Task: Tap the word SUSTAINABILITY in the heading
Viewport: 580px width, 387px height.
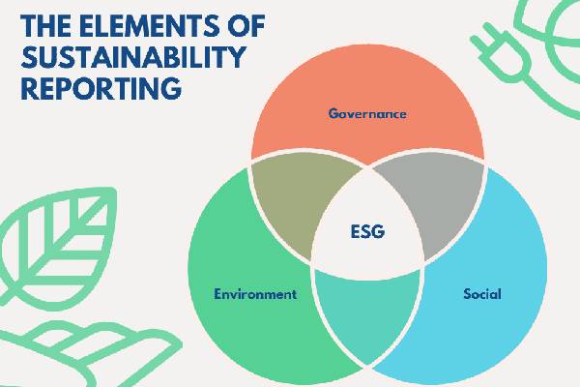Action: (x=133, y=57)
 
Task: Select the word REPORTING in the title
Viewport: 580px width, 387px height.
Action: (x=101, y=88)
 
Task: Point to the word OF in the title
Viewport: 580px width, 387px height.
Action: (x=245, y=25)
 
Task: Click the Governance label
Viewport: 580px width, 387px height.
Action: (x=367, y=113)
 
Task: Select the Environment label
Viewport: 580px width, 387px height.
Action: (x=255, y=294)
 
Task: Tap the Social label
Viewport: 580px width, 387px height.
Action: (x=482, y=294)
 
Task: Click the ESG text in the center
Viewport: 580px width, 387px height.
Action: (x=367, y=231)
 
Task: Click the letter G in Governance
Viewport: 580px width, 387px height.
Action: (x=334, y=113)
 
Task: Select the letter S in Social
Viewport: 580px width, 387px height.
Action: (x=468, y=294)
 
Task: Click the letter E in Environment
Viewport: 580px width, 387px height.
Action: (x=218, y=294)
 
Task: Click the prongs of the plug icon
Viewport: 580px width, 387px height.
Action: (x=484, y=35)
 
